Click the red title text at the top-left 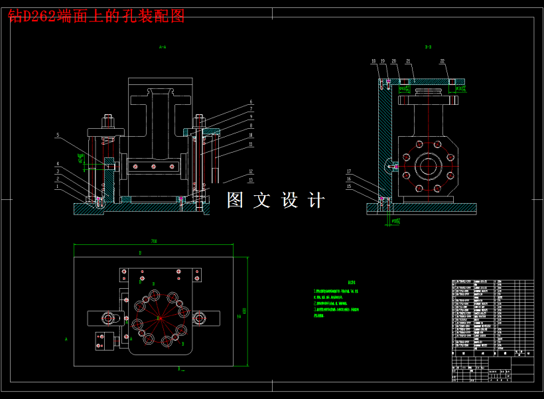coord(96,16)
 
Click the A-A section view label coord(162,47)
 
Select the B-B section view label coord(429,47)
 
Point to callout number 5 coord(58,135)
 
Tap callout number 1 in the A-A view coord(58,186)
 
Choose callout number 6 coord(251,102)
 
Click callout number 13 coord(251,179)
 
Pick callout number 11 coord(251,144)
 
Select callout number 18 coord(374,61)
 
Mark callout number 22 coord(442,61)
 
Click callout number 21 coord(409,61)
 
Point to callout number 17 coord(349,171)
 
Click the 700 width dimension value coord(154,241)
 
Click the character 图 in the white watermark coord(236,200)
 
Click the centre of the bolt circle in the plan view coord(160,319)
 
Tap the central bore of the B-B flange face coord(426,165)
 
